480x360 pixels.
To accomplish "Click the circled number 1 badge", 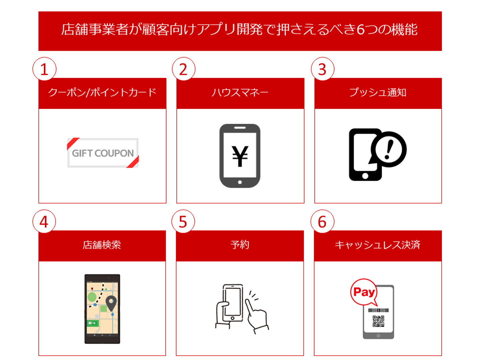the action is (x=44, y=69).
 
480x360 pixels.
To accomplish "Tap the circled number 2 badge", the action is (x=183, y=69).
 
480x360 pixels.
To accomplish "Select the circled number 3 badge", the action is (x=323, y=69).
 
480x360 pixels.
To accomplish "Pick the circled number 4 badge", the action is (x=44, y=221).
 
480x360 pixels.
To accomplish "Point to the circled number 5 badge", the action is (x=183, y=221).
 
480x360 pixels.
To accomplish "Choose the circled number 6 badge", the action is (x=322, y=221).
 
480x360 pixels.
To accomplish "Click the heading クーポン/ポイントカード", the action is (x=102, y=92).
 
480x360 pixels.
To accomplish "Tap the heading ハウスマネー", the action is (x=240, y=92).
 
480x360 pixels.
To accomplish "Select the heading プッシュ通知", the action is (x=378, y=92).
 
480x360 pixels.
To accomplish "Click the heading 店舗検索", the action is (x=102, y=245).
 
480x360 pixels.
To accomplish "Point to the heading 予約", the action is (x=240, y=245).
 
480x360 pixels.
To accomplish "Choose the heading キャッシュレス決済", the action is (x=378, y=245).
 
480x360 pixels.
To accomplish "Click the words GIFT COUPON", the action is (x=103, y=153).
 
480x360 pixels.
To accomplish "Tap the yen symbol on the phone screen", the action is (x=240, y=156).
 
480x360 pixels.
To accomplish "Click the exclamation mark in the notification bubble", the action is (x=389, y=150).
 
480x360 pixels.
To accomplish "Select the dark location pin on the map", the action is (x=111, y=303).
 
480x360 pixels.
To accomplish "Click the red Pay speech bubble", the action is (x=364, y=292).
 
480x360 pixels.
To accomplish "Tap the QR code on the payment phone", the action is (x=378, y=321).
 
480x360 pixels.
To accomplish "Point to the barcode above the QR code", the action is (x=378, y=310).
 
